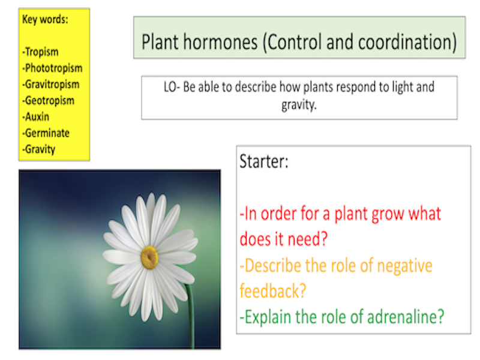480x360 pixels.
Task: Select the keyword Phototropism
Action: (x=53, y=68)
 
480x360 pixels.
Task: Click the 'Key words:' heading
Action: (x=45, y=19)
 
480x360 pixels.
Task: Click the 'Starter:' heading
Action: (x=265, y=161)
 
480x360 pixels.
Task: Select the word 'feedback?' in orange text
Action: (x=273, y=291)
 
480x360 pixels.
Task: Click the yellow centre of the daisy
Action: (x=149, y=257)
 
